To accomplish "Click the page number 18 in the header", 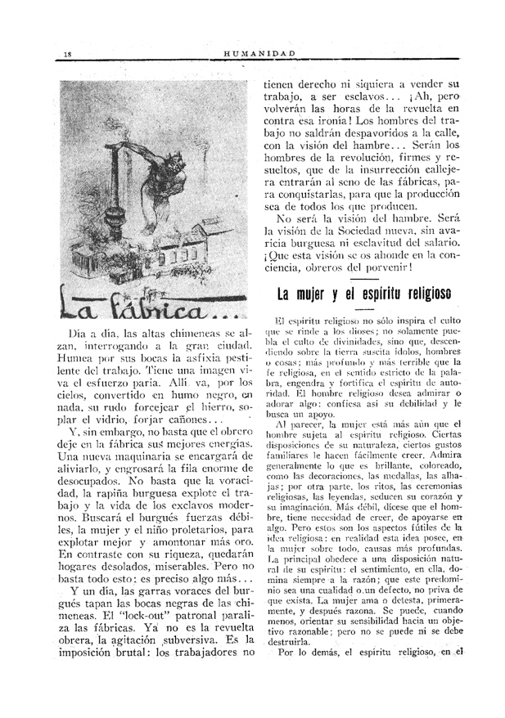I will click(x=68, y=55).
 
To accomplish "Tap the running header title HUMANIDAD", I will click(x=259, y=55).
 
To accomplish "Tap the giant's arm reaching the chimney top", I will click(x=147, y=149).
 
